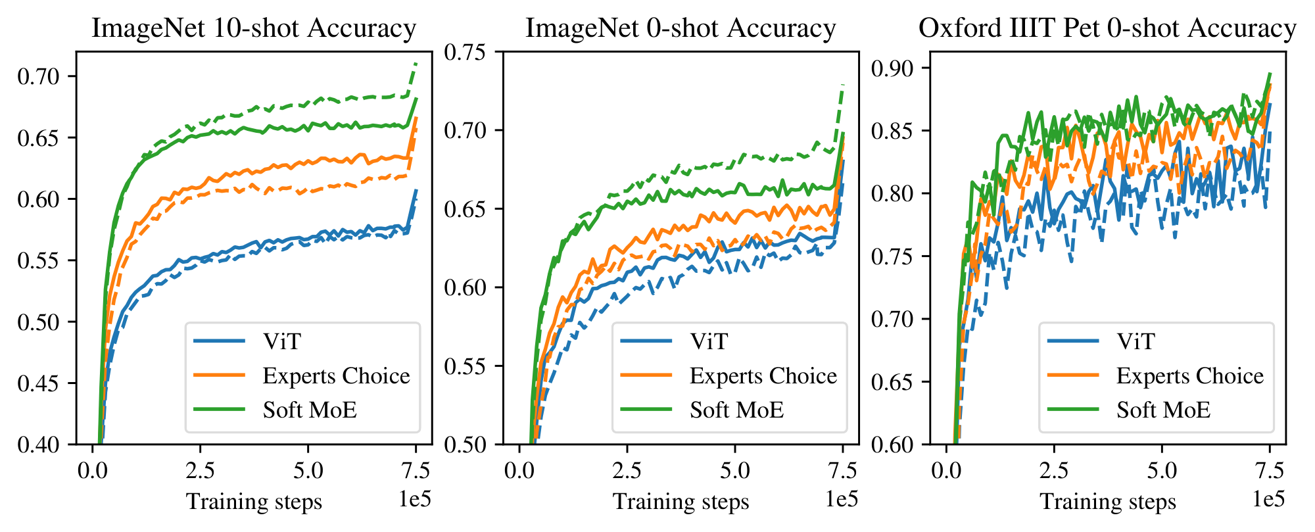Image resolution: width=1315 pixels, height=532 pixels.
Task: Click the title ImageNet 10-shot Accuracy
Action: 254,28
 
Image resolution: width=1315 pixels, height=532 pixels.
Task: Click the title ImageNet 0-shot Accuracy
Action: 681,28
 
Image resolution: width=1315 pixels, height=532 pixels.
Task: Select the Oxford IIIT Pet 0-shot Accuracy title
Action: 1107,28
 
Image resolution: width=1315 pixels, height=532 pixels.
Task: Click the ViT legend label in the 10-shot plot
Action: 282,341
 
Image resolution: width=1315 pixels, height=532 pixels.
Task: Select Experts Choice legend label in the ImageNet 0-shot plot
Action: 763,375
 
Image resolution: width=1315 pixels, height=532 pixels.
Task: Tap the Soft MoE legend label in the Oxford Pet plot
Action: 1163,410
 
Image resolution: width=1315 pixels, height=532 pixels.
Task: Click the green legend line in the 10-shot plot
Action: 220,410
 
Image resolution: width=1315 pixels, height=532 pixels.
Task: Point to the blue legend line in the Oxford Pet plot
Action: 1073,341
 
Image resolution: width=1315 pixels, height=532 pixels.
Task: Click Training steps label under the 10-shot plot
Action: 254,502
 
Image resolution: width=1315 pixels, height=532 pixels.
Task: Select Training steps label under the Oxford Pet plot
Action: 1107,502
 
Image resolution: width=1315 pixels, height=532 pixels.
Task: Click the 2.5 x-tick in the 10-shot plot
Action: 200,471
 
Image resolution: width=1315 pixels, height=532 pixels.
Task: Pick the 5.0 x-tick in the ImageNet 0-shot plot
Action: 734,471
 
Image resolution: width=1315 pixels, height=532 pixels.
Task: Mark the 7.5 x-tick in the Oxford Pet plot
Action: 1269,471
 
